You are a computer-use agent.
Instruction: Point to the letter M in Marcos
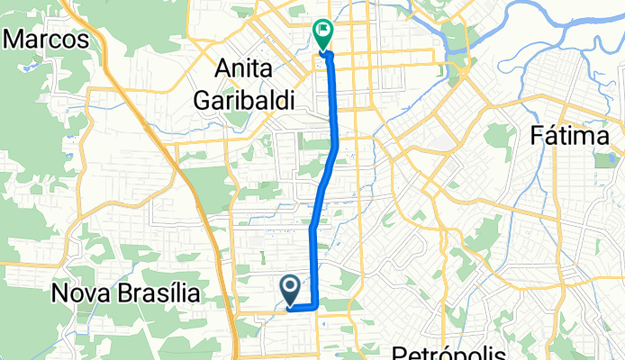(x=17, y=40)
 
